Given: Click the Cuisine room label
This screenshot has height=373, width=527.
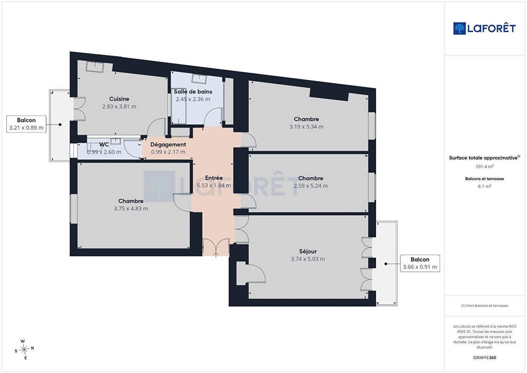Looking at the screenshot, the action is click(x=119, y=99).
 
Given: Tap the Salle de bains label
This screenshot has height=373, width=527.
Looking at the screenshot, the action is click(x=193, y=92).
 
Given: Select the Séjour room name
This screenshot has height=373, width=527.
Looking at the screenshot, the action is click(x=308, y=251).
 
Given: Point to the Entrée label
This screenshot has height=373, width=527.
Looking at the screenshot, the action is click(x=214, y=178).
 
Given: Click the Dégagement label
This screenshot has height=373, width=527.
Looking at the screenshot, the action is click(x=168, y=145).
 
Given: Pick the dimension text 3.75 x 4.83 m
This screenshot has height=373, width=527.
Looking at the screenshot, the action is click(x=131, y=209).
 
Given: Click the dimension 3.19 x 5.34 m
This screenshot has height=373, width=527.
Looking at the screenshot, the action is click(x=306, y=126).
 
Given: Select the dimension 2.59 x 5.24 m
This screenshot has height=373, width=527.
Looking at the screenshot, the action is click(x=310, y=186).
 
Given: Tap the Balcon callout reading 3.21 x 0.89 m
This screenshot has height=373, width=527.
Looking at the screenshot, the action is click(x=26, y=124).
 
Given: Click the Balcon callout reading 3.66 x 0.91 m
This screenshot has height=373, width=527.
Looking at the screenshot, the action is click(x=420, y=263).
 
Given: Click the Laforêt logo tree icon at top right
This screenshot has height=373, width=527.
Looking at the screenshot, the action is click(x=459, y=28).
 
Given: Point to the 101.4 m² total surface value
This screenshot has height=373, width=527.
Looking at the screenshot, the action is click(x=485, y=166).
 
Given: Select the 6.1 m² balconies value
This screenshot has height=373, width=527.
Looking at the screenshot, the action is click(x=485, y=186).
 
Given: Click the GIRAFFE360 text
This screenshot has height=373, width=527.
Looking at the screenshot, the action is click(x=485, y=357).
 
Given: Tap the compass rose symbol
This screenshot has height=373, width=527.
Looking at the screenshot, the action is click(x=24, y=350).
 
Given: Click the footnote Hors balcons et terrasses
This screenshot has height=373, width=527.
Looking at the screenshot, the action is click(x=485, y=305).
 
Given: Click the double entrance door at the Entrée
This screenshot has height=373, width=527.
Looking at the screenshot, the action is click(x=216, y=247).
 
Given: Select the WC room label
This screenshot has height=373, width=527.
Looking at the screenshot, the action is click(x=104, y=144).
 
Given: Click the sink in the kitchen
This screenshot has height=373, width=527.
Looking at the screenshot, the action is click(x=95, y=67).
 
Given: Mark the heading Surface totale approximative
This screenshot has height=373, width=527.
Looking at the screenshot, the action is click(x=485, y=158).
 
